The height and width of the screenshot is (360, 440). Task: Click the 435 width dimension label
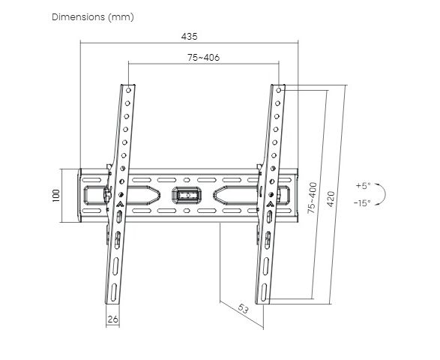(189, 37)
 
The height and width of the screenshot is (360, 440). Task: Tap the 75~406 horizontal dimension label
(203, 58)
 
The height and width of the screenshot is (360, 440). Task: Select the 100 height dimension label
(56, 196)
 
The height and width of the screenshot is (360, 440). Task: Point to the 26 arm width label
(112, 319)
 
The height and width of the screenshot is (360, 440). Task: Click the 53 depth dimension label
(243, 309)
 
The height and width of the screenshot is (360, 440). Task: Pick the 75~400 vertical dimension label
(312, 198)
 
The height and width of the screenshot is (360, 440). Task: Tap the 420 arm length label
(331, 199)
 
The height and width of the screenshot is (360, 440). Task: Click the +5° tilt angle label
(363, 185)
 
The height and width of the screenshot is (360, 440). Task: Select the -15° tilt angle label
(362, 202)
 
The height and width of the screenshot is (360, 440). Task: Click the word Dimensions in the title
(78, 16)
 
